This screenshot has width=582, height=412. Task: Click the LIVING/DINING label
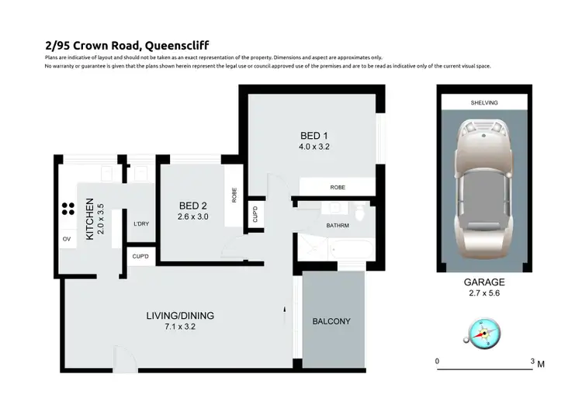tap(180, 316)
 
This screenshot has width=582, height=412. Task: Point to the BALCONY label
tap(331, 321)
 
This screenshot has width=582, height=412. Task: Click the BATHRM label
tap(338, 226)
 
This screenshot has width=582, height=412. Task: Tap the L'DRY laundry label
tap(141, 224)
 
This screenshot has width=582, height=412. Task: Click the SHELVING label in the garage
tap(483, 102)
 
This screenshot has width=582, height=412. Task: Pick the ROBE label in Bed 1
tap(338, 187)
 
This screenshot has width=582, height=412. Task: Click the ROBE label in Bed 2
tap(234, 195)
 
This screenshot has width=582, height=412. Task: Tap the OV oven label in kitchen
tap(67, 239)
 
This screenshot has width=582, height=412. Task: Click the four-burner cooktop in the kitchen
tap(68, 208)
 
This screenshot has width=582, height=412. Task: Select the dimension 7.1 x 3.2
tap(180, 327)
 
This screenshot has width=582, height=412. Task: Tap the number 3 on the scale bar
tap(532, 362)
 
